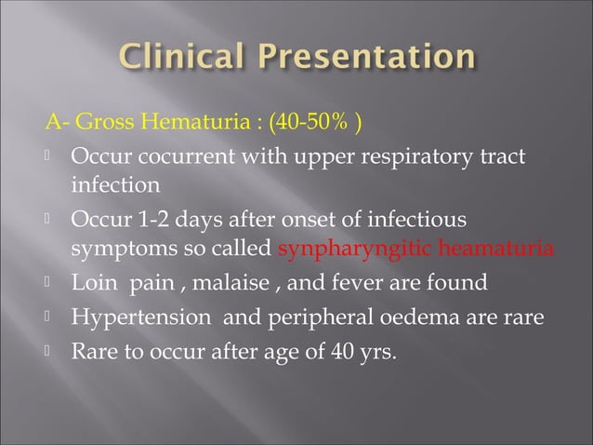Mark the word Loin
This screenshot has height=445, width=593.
pyautogui.click(x=91, y=281)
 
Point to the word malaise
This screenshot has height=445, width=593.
pyautogui.click(x=203, y=281)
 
